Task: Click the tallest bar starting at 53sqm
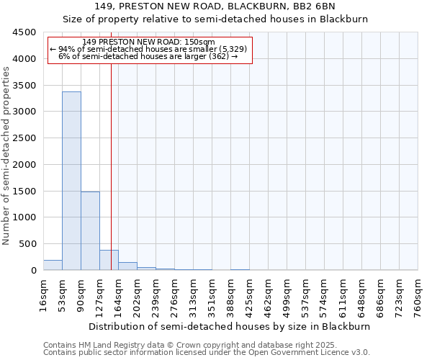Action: (71, 180)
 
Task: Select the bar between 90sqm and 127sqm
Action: (90, 230)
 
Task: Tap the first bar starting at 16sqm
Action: (53, 265)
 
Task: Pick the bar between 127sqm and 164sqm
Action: (109, 260)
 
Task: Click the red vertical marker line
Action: (111, 166)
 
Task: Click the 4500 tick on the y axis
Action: (24, 32)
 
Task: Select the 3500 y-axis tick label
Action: (24, 86)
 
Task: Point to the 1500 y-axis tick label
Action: (24, 191)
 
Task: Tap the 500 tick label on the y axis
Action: (27, 244)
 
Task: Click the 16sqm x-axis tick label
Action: (43, 294)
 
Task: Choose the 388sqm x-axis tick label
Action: (230, 294)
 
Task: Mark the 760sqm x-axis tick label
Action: (418, 294)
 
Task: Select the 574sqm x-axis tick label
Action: (324, 294)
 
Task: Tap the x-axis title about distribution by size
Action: (230, 326)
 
